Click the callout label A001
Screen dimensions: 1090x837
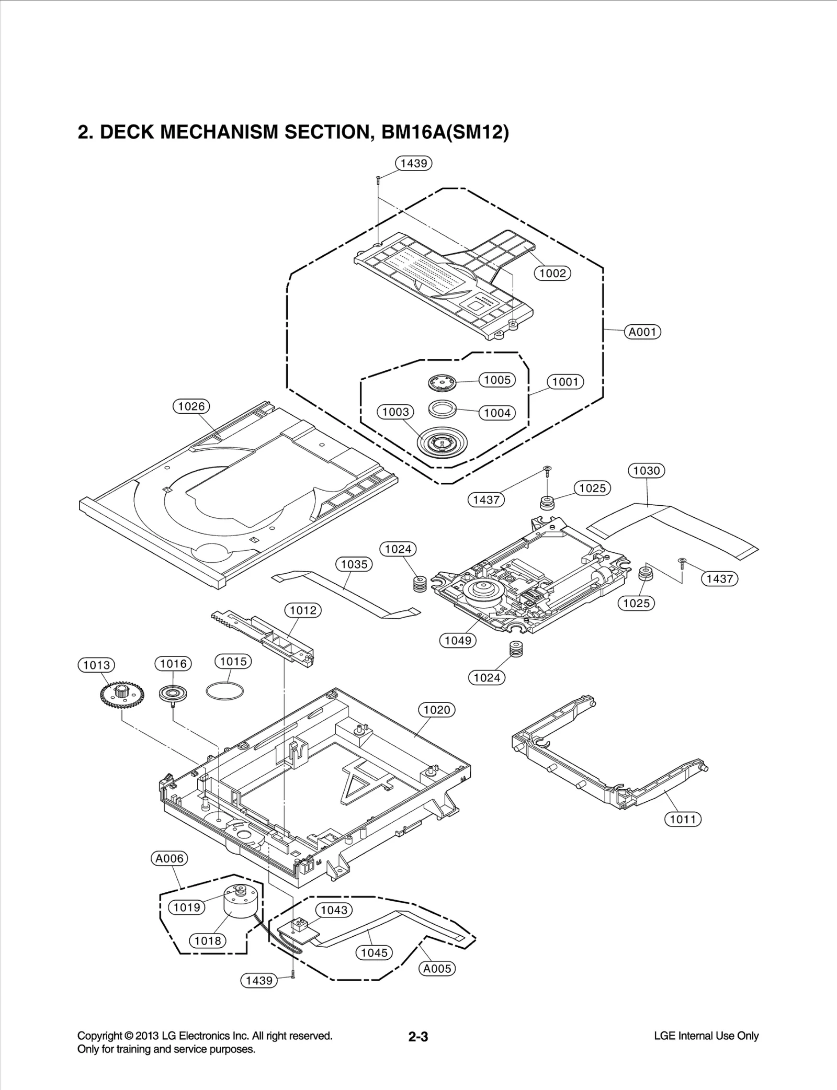(642, 332)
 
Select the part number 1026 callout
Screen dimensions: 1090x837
(191, 406)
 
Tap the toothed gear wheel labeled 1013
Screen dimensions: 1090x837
(121, 695)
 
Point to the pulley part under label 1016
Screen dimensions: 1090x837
(173, 695)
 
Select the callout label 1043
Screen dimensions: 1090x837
(334, 910)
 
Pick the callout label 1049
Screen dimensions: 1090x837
(458, 640)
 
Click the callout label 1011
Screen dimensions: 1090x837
(683, 819)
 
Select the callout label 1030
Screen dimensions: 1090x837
(646, 470)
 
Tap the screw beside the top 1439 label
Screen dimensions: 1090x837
(378, 181)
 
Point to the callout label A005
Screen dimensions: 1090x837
(437, 968)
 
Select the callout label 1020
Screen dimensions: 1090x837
(436, 710)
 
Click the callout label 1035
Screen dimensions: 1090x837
(354, 564)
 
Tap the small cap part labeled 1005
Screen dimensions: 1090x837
(442, 382)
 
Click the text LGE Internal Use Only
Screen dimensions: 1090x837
(706, 1036)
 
